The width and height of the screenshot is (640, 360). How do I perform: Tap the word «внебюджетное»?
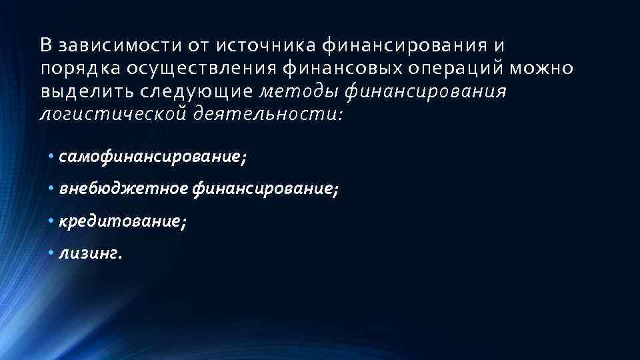[x=123, y=190]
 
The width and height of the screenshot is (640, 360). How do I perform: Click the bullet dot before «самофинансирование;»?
[x=51, y=157]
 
